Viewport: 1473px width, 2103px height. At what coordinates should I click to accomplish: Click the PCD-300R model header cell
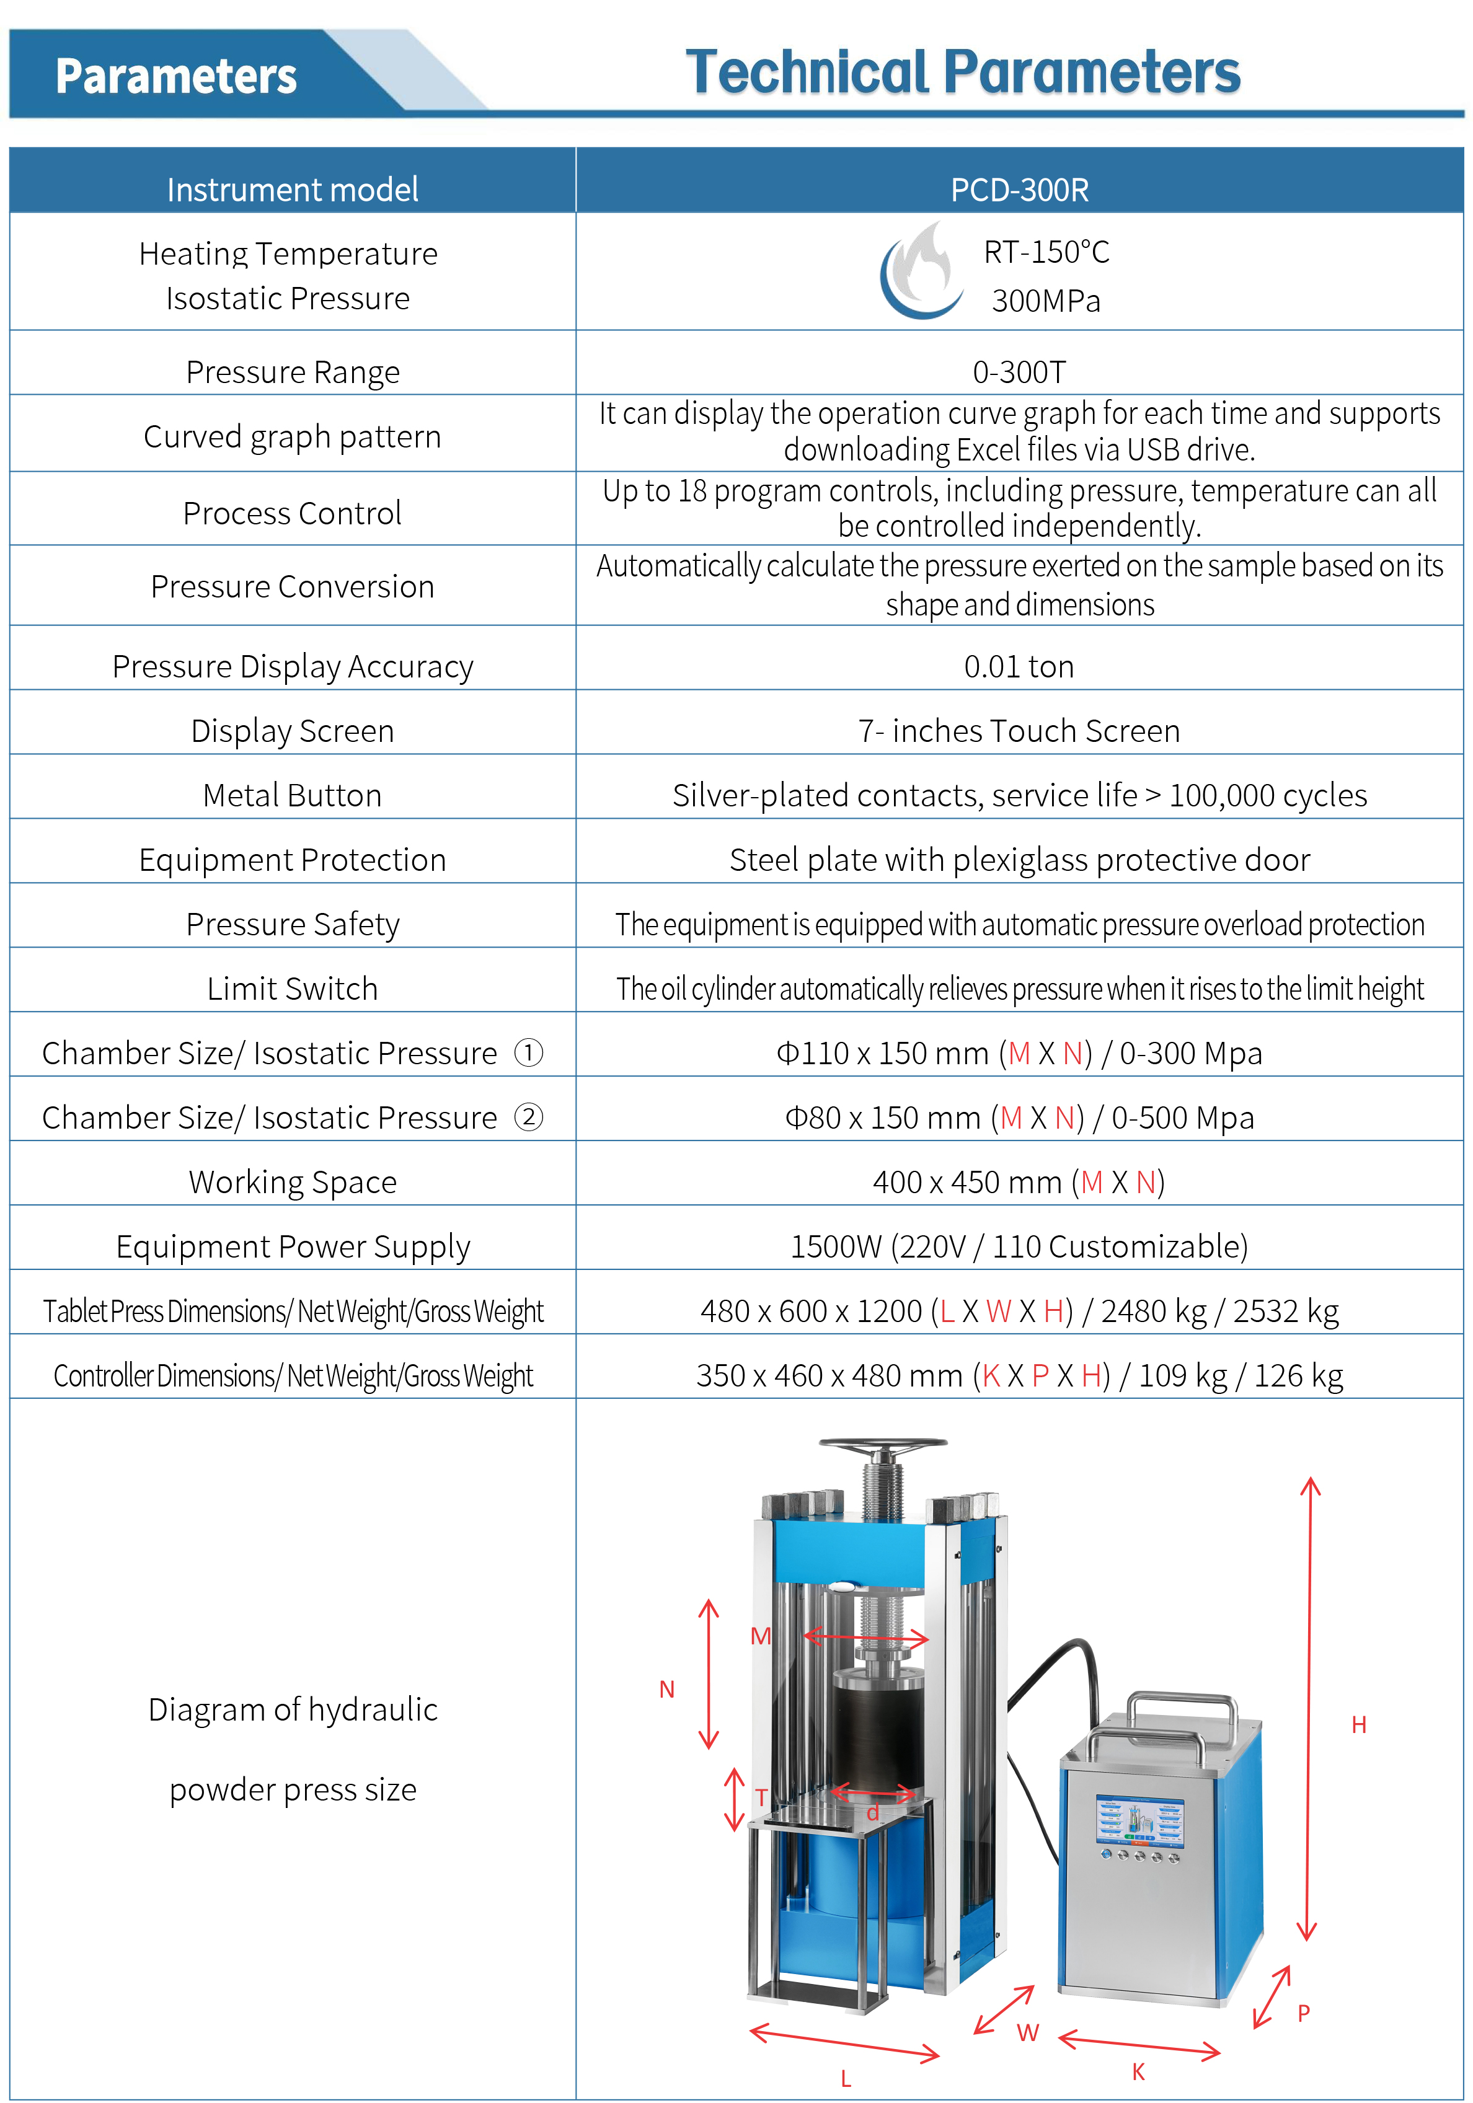(1019, 190)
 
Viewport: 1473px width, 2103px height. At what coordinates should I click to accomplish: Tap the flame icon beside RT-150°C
(920, 272)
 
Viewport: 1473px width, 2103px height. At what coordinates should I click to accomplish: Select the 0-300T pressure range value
(1019, 372)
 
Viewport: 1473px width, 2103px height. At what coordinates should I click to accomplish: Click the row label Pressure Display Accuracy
(292, 667)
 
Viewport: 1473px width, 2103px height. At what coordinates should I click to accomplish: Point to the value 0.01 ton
(1019, 667)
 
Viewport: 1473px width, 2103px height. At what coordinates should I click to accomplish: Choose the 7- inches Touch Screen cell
(1019, 731)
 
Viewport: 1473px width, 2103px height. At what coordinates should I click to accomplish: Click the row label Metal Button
(292, 795)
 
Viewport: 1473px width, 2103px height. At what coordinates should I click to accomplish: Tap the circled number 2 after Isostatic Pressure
(529, 1116)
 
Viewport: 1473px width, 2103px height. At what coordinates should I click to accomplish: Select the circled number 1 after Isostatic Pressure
(529, 1052)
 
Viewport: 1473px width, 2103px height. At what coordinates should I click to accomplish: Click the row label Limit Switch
(292, 989)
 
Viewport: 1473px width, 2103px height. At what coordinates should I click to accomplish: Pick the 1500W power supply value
(1019, 1246)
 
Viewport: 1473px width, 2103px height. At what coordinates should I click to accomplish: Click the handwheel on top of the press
(882, 1448)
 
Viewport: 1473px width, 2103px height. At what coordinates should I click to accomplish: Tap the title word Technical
(807, 73)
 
